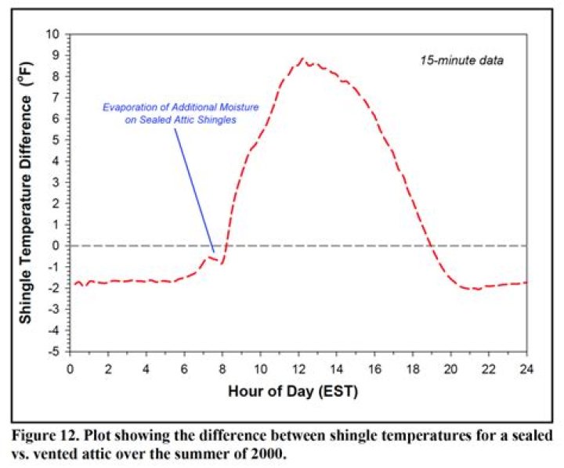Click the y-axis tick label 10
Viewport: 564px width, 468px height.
pos(53,34)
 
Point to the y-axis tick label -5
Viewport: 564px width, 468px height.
pos(55,351)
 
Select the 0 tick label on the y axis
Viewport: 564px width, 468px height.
pos(57,246)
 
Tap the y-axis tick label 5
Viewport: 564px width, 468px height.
pos(57,140)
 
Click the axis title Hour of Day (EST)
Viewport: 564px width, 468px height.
pos(298,389)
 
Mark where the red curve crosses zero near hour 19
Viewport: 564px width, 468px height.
pos(430,246)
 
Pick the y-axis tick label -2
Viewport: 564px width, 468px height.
pos(55,288)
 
